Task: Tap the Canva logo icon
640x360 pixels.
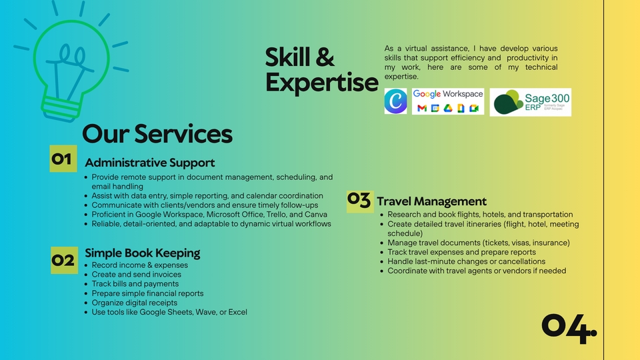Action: tap(395, 101)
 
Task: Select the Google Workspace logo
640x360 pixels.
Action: tap(447, 101)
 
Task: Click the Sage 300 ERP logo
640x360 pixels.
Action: tap(530, 102)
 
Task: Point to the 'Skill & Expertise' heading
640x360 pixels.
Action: tap(321, 70)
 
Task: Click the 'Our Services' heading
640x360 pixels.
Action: tap(157, 134)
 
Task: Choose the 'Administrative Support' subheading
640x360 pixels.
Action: tap(150, 163)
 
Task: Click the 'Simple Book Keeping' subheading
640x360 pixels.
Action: tap(143, 253)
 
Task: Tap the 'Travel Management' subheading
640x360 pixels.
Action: tap(431, 201)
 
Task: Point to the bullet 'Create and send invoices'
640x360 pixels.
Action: tap(137, 275)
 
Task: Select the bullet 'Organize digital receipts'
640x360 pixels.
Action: tap(135, 303)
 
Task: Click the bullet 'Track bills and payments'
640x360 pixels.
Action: tap(135, 284)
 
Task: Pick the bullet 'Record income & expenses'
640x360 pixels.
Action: tap(140, 265)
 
